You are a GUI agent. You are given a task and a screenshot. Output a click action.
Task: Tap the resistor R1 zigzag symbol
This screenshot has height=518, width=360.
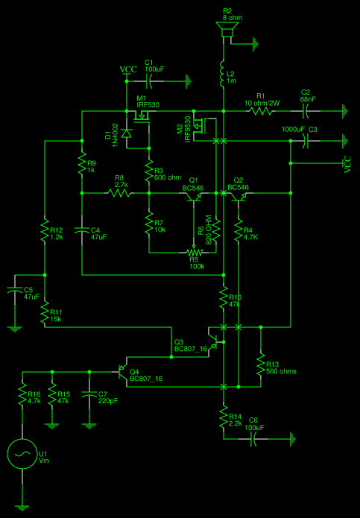(x=262, y=112)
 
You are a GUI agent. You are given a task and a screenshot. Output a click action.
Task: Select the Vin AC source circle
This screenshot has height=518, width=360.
(x=22, y=453)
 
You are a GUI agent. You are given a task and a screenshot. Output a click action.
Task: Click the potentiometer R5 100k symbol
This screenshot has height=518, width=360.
(x=195, y=252)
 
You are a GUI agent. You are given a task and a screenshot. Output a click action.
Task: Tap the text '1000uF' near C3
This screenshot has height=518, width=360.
(x=294, y=130)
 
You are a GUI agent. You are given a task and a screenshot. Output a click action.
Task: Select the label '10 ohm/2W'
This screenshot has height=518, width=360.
(x=262, y=103)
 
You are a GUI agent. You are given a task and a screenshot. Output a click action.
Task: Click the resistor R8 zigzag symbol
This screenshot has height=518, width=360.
(x=119, y=192)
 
